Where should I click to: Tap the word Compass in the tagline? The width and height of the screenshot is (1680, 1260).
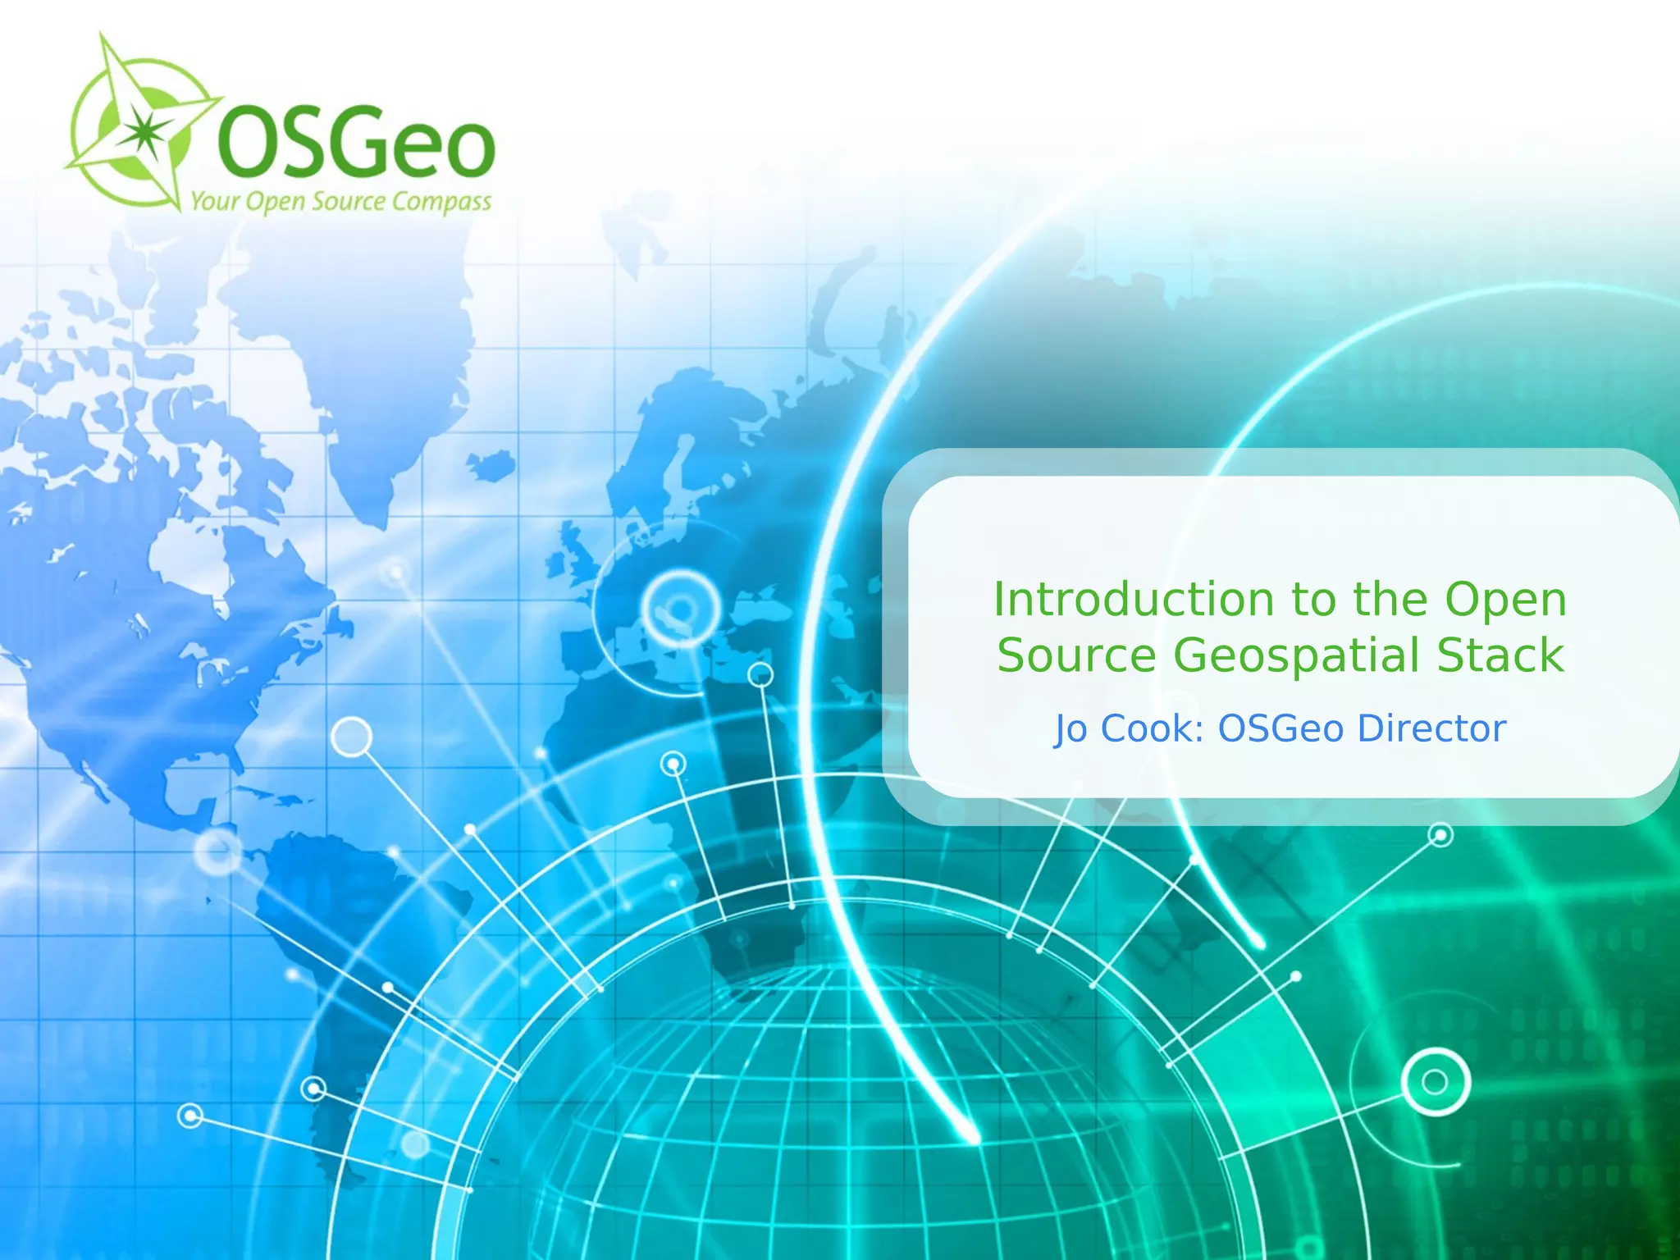[441, 202]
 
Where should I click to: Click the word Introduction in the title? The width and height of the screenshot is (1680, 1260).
[1132, 600]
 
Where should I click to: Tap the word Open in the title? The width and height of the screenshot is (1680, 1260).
[1505, 601]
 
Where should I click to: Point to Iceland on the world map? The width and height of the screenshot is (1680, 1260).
[491, 466]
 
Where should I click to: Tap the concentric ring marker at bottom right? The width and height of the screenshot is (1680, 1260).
[1435, 1082]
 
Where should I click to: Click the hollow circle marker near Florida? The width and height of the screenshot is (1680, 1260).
[352, 737]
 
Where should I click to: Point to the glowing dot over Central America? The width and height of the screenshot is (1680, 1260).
[217, 851]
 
